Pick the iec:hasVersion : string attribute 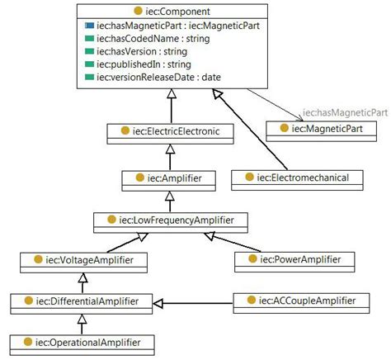coord(142,51)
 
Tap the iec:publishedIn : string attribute coord(144,64)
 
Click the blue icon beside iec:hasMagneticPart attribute coord(88,26)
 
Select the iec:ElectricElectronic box coord(167,130)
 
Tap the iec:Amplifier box coord(169,176)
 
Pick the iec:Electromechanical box coord(290,176)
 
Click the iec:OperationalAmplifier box coord(85,342)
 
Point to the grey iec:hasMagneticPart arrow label coord(345,112)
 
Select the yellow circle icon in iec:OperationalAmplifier coord(27,342)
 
